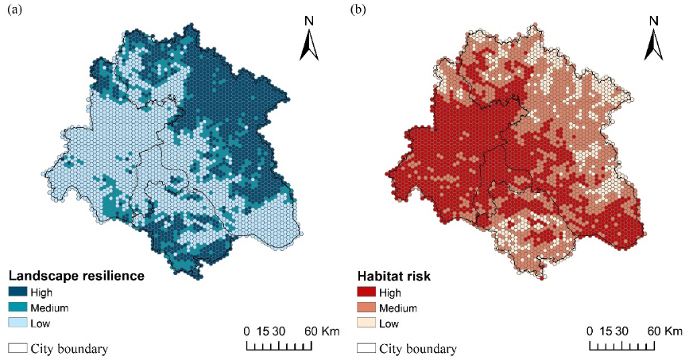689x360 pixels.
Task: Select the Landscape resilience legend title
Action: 75,277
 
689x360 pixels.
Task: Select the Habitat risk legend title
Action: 396,277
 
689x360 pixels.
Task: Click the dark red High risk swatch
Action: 366,292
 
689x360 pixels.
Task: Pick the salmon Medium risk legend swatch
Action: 366,308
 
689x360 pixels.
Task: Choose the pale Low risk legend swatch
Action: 366,323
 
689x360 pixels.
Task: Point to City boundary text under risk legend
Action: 418,348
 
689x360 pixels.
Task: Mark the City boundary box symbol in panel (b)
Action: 366,348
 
